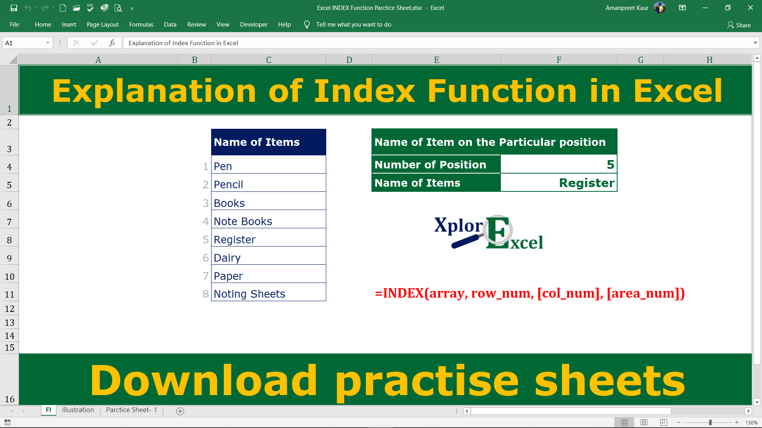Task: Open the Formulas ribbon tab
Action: pos(141,25)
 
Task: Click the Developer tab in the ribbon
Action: pos(254,25)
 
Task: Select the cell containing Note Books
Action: pos(268,221)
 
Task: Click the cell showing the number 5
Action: pos(558,164)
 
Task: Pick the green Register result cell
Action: pos(558,183)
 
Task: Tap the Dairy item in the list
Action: pos(268,258)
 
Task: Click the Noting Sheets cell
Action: pos(268,294)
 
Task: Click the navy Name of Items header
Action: pos(268,142)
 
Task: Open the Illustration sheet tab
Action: pos(78,410)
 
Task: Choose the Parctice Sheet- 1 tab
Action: pos(131,410)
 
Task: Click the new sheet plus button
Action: pos(180,411)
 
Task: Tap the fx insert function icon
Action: pos(112,43)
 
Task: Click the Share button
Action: pos(739,25)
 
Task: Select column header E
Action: pos(436,60)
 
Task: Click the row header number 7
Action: pos(9,222)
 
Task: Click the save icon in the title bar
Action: pos(14,8)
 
